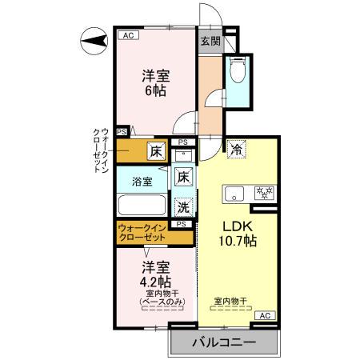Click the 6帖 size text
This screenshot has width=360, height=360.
155,91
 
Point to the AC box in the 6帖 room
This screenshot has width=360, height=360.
126,34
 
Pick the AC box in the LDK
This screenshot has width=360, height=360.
264,316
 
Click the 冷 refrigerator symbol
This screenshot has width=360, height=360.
236,148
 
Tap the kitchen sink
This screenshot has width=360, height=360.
236,192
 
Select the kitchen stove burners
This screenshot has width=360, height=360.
262,192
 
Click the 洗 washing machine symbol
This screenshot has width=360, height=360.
184,206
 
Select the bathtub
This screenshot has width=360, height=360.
142,205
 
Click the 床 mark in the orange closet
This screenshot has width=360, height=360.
156,150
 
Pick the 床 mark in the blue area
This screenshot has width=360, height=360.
184,177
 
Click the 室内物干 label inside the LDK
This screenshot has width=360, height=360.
230,302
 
